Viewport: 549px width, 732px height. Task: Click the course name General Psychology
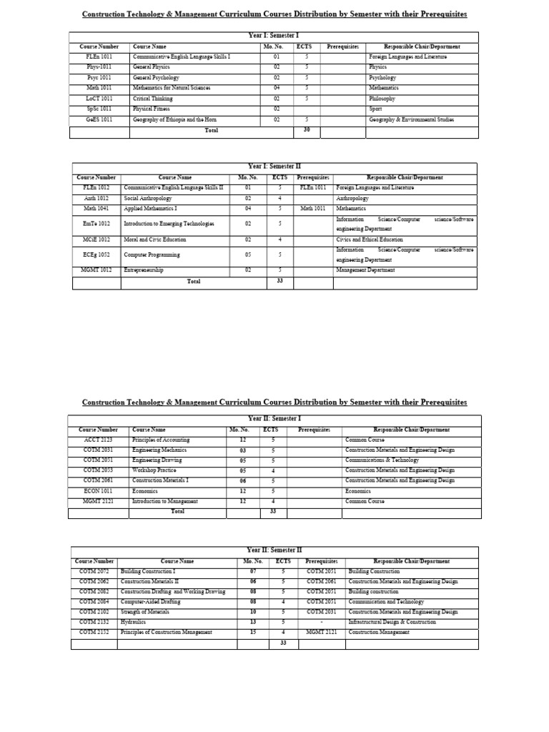156,77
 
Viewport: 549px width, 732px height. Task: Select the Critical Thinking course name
151,99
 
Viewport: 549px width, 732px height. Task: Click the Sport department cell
376,109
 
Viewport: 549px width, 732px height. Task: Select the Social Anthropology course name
147,198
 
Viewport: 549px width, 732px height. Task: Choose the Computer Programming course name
152,254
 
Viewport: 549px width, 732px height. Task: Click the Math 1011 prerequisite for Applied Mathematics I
312,208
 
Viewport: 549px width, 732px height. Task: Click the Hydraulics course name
134,622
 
